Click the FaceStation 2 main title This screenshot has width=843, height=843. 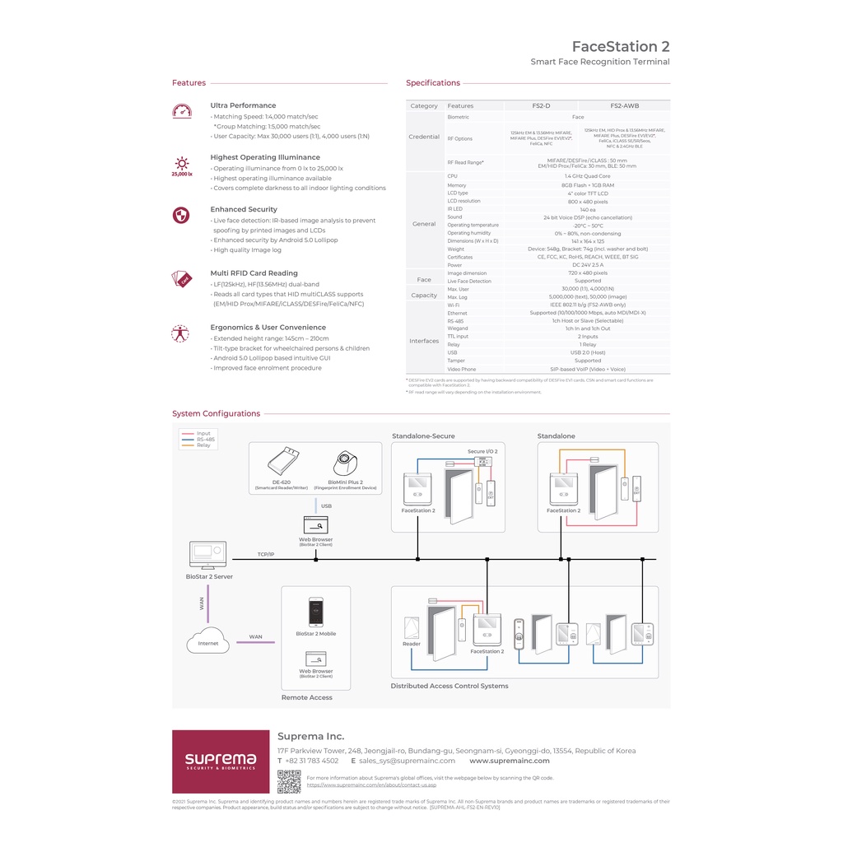[620, 46]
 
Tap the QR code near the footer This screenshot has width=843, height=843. [288, 781]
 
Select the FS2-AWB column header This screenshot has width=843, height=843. [624, 105]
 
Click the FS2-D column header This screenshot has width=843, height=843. [541, 105]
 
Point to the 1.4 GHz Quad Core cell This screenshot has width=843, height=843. [587, 176]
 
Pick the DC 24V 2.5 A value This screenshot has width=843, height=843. [587, 265]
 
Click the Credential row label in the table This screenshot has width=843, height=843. [424, 137]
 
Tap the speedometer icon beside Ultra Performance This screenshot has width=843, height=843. [182, 110]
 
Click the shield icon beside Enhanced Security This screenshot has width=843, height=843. [181, 215]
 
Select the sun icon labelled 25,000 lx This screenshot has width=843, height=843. [181, 164]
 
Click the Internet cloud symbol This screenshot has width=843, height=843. [208, 642]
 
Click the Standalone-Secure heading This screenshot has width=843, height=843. [423, 436]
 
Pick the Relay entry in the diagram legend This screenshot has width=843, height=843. [203, 445]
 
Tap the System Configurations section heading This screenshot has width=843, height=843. [216, 413]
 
